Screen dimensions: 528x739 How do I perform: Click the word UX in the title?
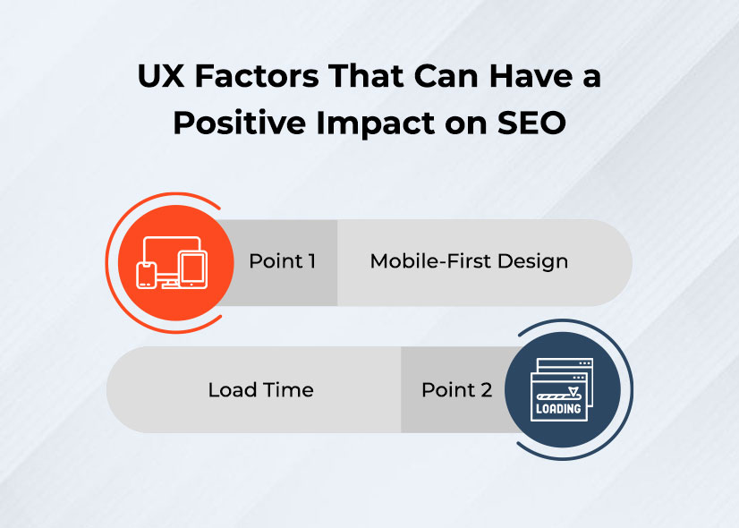(x=158, y=77)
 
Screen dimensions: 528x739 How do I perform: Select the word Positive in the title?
(x=227, y=123)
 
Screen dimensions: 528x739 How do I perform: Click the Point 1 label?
(x=282, y=261)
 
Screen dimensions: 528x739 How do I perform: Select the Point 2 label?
(x=456, y=390)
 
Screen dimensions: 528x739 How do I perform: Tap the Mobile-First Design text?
(x=469, y=261)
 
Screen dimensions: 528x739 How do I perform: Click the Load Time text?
(x=260, y=390)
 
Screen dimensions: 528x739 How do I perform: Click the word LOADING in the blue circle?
(x=558, y=409)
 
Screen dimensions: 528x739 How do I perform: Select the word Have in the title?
(x=516, y=77)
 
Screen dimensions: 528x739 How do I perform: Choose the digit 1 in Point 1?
(x=310, y=261)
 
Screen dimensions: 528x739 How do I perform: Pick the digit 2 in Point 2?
(x=486, y=390)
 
